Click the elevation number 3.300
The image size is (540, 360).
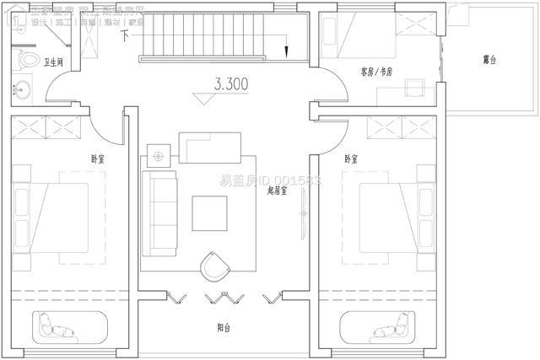point(232,86)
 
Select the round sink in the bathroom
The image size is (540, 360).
point(22,87)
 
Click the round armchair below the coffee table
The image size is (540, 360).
point(214,266)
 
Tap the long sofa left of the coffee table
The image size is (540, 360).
point(159,213)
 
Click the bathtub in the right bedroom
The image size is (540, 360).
point(380,325)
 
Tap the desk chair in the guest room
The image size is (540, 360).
point(412,90)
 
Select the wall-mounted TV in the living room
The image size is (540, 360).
point(303,218)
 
